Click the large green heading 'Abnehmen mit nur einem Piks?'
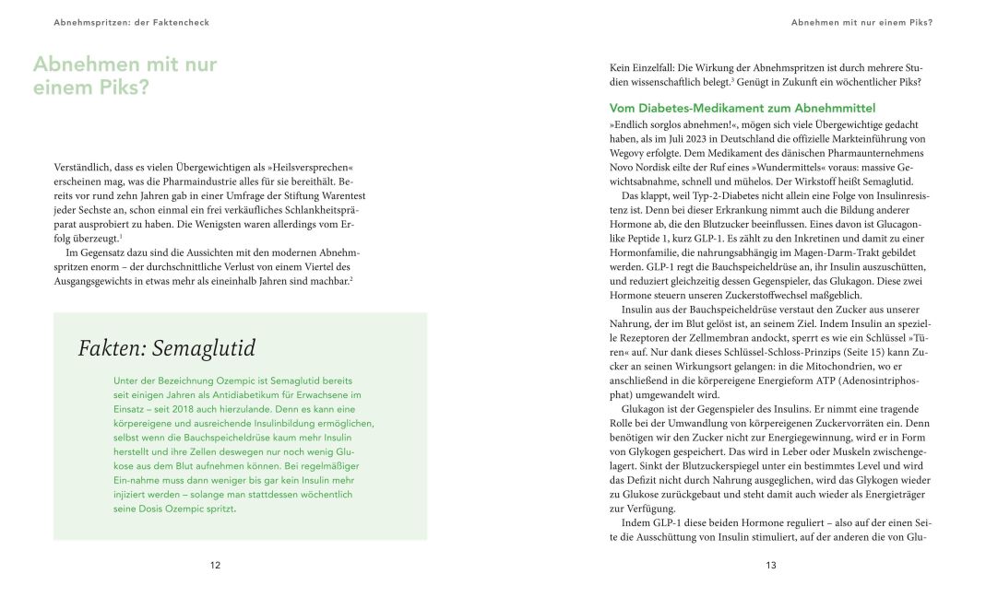[125, 76]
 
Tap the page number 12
[215, 565]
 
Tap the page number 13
[770, 565]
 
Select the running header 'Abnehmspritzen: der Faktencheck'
[132, 22]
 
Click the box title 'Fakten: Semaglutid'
[166, 348]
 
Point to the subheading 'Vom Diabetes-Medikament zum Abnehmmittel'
[742, 109]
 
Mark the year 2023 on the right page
[700, 138]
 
